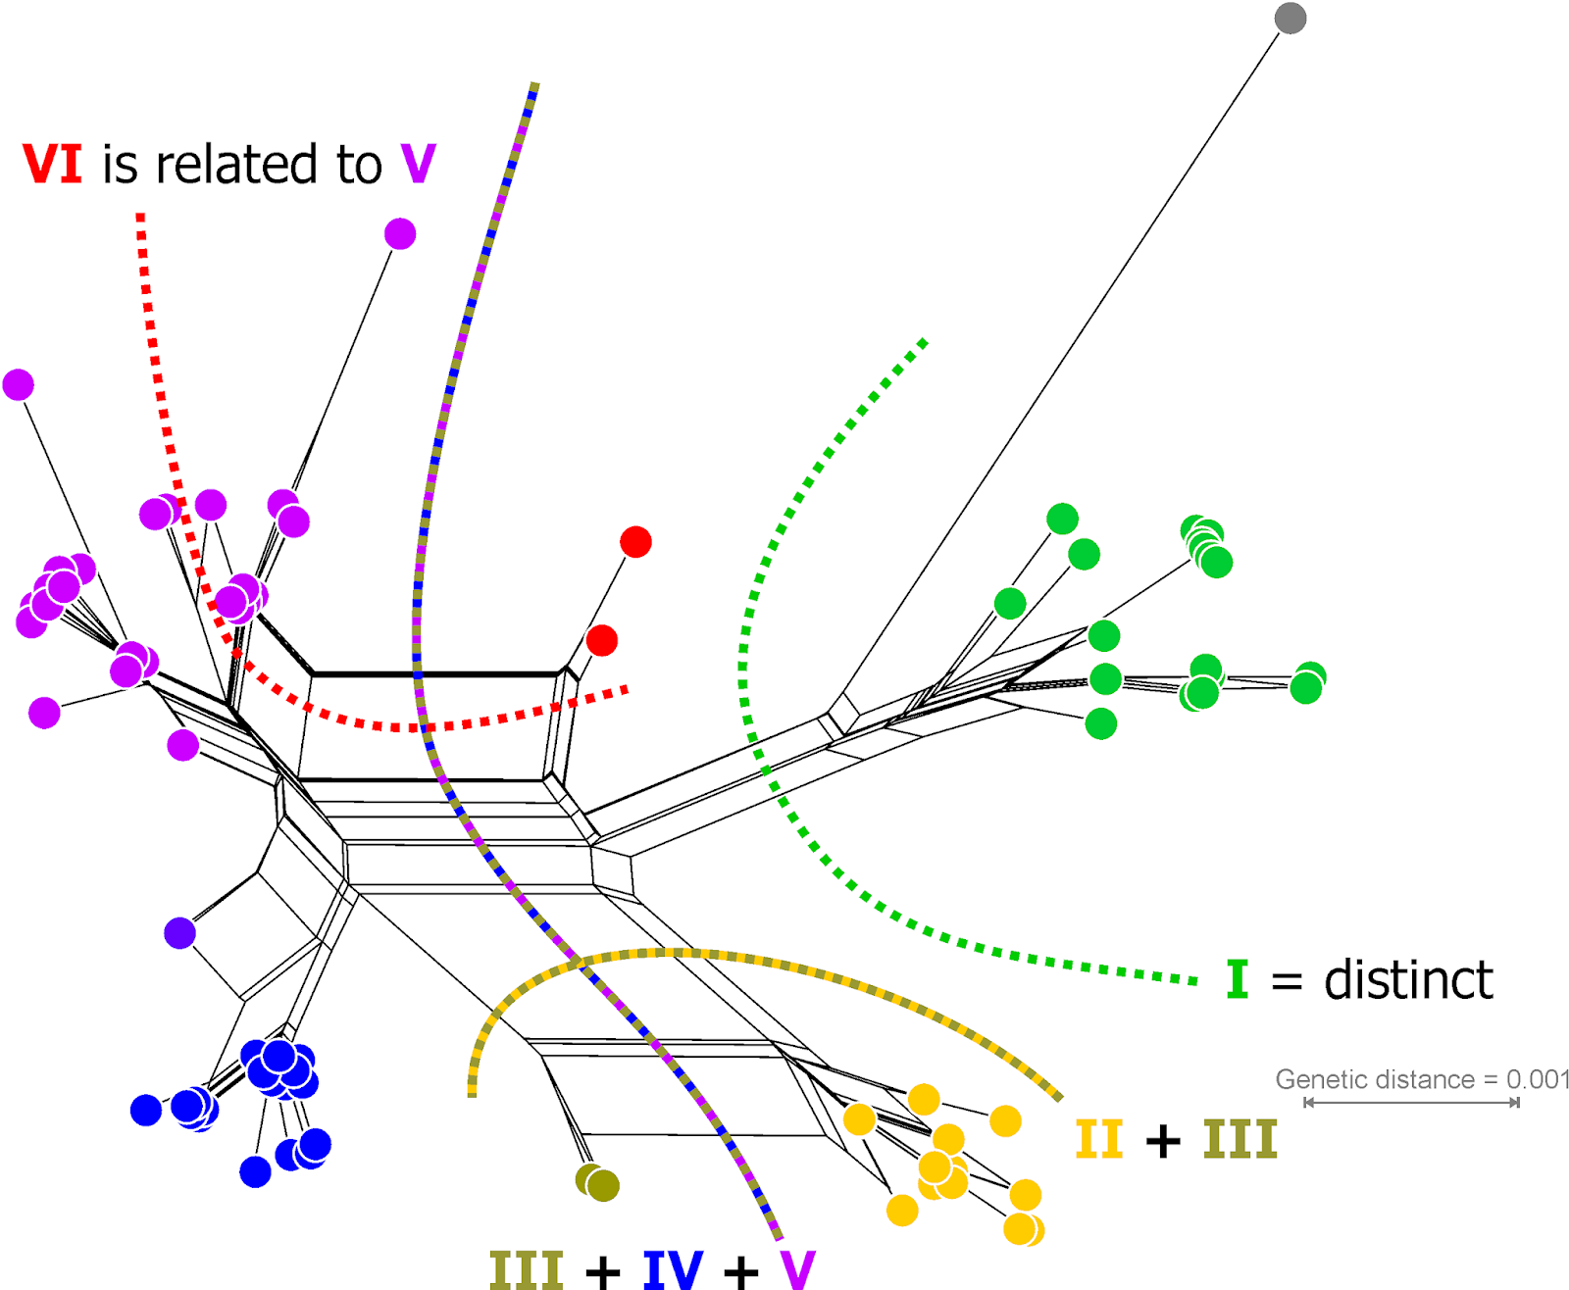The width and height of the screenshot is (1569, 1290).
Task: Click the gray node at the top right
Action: click(x=1290, y=18)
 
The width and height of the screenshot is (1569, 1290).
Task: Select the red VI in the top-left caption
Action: click(x=53, y=164)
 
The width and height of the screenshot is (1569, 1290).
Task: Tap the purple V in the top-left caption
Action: click(x=418, y=164)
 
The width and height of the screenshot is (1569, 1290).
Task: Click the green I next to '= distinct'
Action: click(x=1238, y=979)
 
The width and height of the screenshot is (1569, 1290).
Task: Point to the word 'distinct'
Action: click(x=1408, y=979)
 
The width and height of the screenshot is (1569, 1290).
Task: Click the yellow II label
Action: click(x=1098, y=1139)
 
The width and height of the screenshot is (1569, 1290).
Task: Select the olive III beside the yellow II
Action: click(x=1240, y=1139)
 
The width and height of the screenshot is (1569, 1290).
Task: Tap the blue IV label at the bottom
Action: click(x=673, y=1269)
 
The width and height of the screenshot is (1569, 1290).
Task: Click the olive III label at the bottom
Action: click(x=527, y=1269)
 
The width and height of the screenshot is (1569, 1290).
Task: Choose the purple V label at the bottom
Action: click(x=798, y=1269)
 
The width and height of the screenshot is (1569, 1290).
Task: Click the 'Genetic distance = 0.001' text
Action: click(x=1422, y=1079)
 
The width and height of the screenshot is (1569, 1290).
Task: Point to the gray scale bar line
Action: click(x=1412, y=1103)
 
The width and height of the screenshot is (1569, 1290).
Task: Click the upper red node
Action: click(x=635, y=541)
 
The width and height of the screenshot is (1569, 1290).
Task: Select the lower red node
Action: click(x=602, y=640)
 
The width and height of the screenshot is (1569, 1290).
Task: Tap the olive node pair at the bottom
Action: click(x=598, y=1183)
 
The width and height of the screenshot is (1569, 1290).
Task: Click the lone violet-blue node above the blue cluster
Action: click(x=179, y=932)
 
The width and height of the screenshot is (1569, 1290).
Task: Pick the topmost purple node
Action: click(x=400, y=234)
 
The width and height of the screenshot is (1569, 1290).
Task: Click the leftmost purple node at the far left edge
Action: click(x=19, y=384)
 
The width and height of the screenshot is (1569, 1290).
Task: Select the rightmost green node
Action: click(x=1307, y=682)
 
